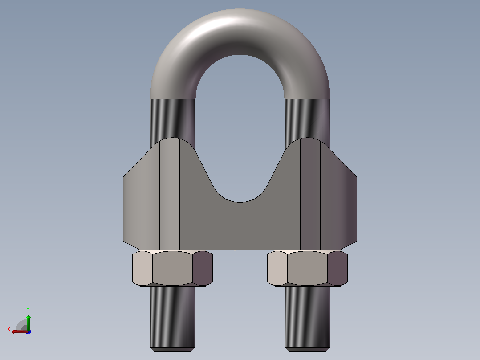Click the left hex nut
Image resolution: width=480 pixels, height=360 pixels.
172,268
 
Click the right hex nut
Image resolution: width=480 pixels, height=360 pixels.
307,268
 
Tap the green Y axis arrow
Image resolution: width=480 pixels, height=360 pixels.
28,323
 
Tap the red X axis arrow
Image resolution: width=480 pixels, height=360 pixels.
20,331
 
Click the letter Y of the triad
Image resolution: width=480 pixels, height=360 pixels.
28,310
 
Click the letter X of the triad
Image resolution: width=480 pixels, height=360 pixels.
9,329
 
